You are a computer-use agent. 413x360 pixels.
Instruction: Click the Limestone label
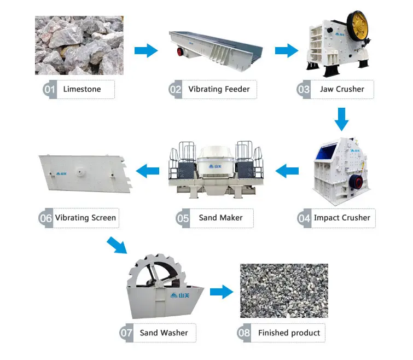(x=82, y=89)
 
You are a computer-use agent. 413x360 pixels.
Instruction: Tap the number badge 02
(x=175, y=89)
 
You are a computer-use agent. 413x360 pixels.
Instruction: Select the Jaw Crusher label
(x=342, y=89)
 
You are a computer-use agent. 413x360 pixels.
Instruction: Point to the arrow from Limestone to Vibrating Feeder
(x=146, y=51)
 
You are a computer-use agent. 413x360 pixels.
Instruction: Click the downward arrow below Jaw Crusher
(x=342, y=119)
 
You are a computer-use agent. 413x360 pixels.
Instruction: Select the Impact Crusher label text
(x=342, y=218)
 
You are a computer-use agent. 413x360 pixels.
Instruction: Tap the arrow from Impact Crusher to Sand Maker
(x=287, y=172)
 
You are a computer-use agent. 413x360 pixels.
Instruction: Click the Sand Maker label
(x=220, y=218)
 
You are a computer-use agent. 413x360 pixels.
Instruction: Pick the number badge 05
(x=183, y=218)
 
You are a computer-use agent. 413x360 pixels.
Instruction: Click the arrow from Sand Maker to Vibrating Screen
(x=147, y=172)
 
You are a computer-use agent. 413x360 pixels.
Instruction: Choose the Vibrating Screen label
(x=85, y=218)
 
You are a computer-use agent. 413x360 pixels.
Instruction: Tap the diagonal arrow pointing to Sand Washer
(x=117, y=244)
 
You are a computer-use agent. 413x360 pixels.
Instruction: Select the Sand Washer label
(x=164, y=333)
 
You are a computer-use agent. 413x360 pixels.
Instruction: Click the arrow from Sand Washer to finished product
(x=220, y=292)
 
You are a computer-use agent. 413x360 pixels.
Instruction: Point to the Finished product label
(x=289, y=333)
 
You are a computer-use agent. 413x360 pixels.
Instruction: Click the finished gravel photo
(x=284, y=291)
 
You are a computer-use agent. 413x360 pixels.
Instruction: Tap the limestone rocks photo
(x=79, y=45)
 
